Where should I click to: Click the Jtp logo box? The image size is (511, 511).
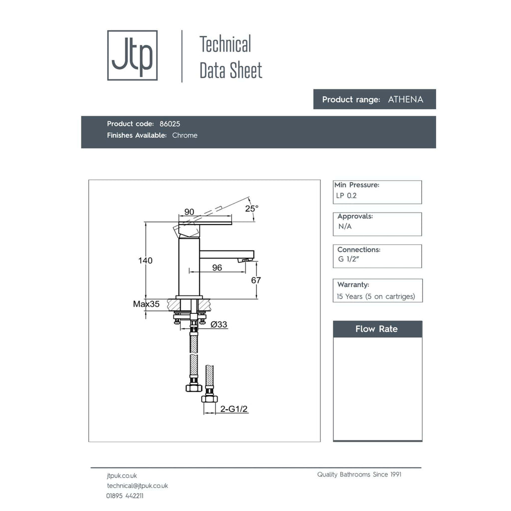[132, 55]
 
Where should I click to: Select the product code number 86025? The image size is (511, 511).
[170, 124]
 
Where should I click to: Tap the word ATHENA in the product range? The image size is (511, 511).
[405, 99]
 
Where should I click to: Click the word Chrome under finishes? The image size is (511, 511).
[185, 135]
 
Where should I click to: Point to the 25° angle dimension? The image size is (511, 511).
[252, 208]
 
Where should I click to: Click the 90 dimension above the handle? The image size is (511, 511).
[189, 212]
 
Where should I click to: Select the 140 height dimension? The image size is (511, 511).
[145, 260]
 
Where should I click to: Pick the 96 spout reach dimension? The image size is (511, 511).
[217, 267]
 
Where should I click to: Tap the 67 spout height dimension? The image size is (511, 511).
[256, 280]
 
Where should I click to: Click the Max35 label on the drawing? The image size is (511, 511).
[146, 304]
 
